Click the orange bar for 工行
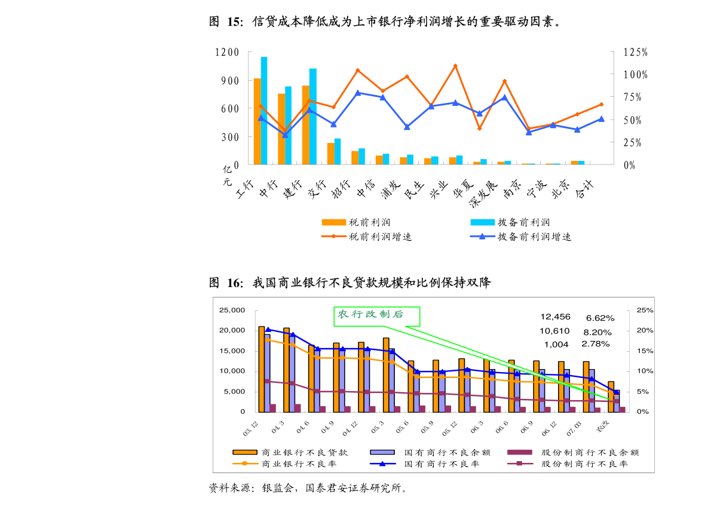[x=257, y=121]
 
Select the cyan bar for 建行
[x=312, y=117]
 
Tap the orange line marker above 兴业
[x=455, y=66]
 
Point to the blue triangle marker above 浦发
[x=407, y=127]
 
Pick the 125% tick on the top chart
[x=636, y=53]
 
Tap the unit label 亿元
[x=227, y=175]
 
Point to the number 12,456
[x=555, y=317]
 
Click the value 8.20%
[x=597, y=331]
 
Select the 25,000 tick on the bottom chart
[x=232, y=310]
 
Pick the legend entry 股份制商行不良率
[x=584, y=464]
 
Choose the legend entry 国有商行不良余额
[x=442, y=453]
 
